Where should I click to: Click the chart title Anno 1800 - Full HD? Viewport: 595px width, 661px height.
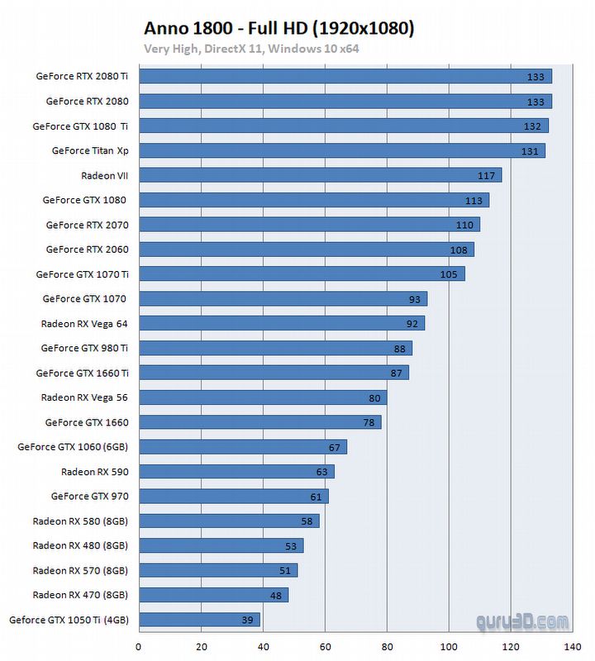[278, 28]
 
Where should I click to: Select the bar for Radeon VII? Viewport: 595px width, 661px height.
[320, 175]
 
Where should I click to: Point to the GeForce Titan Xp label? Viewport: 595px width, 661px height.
[90, 150]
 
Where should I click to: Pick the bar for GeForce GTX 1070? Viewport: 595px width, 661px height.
[283, 299]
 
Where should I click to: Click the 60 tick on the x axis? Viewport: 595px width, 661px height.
[325, 647]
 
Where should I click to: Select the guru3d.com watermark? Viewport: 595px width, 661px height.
[522, 621]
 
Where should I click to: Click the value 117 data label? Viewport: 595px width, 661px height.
[486, 176]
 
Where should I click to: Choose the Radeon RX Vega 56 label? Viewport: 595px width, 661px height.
[84, 397]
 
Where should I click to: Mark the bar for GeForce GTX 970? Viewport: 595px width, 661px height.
[233, 497]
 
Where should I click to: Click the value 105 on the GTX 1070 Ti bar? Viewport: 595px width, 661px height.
[449, 274]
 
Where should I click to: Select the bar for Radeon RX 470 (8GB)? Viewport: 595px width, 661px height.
[213, 595]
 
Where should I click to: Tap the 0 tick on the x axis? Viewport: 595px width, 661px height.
[139, 647]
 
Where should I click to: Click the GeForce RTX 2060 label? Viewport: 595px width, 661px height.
[87, 249]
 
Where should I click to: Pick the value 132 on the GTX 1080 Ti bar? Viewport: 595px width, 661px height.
[532, 126]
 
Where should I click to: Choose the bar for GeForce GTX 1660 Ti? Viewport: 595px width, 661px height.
[274, 373]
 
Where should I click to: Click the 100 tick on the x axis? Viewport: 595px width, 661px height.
[449, 647]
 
